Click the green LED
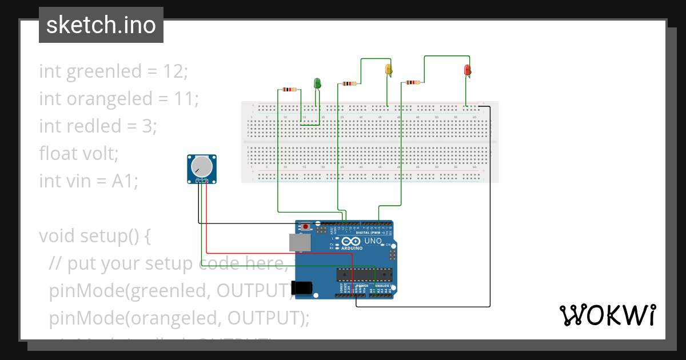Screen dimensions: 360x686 pyautogui.click(x=317, y=83)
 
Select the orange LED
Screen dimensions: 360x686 pyautogui.click(x=389, y=69)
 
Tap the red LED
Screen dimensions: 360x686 pyautogui.click(x=467, y=70)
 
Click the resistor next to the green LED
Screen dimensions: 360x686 pyautogui.click(x=290, y=89)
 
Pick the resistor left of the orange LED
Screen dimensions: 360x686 pyautogui.click(x=348, y=83)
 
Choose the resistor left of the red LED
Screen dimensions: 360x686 pyautogui.click(x=412, y=82)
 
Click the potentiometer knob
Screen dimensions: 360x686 pyautogui.click(x=202, y=167)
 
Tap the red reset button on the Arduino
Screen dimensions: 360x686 pyautogui.click(x=306, y=227)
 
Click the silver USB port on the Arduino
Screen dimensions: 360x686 pyautogui.click(x=300, y=242)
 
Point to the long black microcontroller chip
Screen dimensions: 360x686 pyautogui.click(x=364, y=275)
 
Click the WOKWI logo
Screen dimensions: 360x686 pyautogui.click(x=607, y=315)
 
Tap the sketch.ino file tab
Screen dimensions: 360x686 pyautogui.click(x=101, y=25)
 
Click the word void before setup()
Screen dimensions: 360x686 pyautogui.click(x=57, y=235)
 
